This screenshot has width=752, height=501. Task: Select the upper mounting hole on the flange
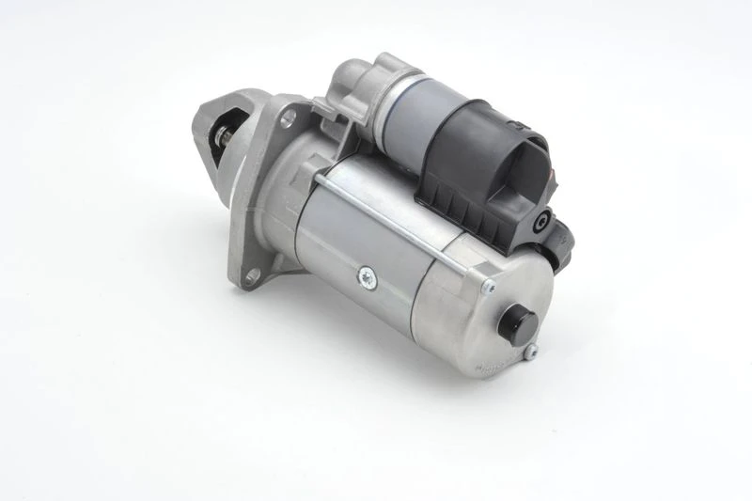point(289,117)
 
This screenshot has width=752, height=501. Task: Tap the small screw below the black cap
point(531,352)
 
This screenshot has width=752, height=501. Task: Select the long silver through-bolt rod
point(404,230)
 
